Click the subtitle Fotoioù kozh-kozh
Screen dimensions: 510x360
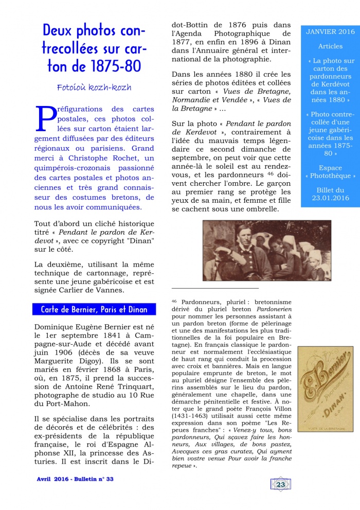tap(94, 87)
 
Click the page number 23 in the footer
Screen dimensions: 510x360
tap(281, 484)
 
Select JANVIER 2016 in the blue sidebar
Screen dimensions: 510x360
tap(330, 32)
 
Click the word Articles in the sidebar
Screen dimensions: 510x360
tap(330, 46)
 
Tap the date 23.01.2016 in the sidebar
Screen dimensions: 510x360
tap(330, 198)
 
